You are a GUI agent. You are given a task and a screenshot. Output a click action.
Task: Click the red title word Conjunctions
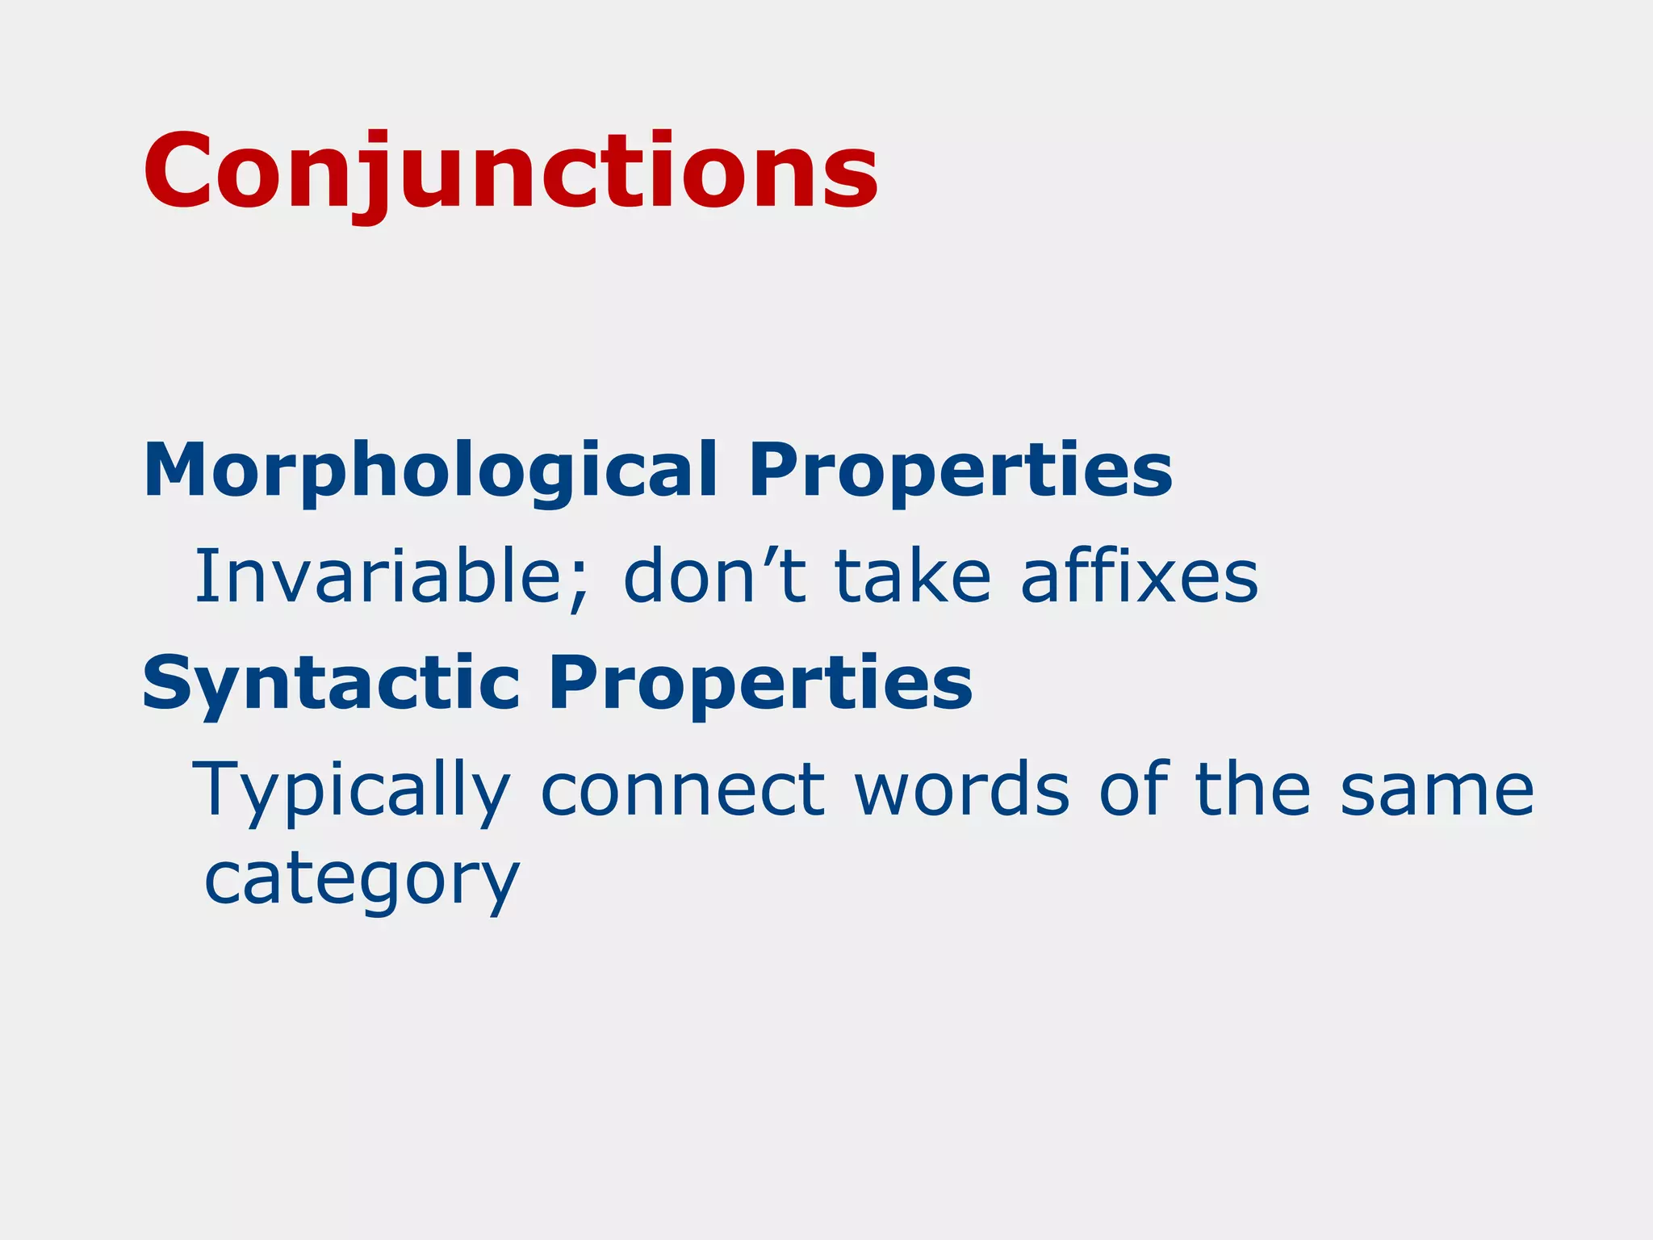pos(510,172)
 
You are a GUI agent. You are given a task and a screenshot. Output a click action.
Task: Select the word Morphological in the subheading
pos(429,471)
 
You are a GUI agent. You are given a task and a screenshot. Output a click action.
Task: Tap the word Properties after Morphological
pos(960,471)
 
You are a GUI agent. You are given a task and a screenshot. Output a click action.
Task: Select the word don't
pos(714,576)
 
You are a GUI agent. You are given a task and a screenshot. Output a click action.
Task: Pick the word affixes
pos(1139,576)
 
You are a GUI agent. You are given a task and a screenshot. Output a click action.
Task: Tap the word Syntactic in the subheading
pos(330,685)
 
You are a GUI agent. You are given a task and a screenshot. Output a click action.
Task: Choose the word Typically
pos(352,791)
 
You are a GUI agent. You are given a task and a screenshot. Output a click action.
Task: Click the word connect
pos(683,791)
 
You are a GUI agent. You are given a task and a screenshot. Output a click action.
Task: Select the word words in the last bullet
pos(962,791)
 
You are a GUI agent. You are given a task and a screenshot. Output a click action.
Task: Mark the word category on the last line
pos(362,880)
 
